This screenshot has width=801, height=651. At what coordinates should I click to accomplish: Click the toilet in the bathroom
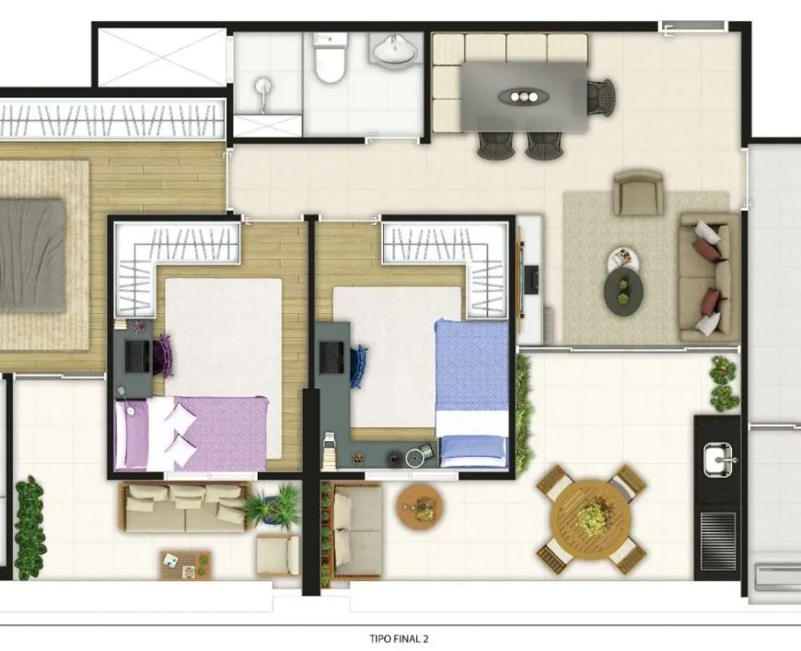coord(330,58)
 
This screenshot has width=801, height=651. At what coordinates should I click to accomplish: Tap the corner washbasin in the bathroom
coord(394,50)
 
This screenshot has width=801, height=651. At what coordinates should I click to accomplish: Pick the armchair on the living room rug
coord(639,192)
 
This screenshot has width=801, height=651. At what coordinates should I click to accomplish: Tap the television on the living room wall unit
coord(533,280)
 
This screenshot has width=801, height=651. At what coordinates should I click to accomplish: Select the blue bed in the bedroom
coord(472,393)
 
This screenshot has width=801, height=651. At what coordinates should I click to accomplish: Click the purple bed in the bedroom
coord(192,434)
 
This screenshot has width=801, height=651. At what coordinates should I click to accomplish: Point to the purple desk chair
coord(166,354)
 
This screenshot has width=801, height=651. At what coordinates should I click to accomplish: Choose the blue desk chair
coord(359,366)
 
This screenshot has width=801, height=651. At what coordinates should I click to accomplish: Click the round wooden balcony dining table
coord(591,518)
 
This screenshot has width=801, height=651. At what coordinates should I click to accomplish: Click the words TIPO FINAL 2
coord(399,638)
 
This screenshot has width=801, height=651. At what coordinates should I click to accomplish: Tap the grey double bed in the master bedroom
coord(31,255)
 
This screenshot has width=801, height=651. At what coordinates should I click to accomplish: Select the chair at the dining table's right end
coord(600,96)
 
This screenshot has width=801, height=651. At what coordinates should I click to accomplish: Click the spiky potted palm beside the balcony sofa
coord(273,506)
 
